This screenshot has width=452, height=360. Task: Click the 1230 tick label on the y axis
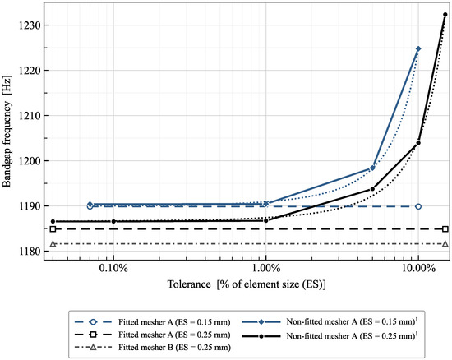(x=29, y=25)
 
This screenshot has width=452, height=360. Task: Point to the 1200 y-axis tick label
(x=29, y=161)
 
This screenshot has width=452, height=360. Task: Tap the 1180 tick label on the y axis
(x=29, y=252)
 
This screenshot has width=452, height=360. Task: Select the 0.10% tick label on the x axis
(x=113, y=268)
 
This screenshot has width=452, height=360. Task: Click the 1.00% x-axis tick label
(x=265, y=268)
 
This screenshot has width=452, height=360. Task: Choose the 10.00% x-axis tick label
(x=418, y=268)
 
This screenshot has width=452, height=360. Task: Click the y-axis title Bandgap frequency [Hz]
(x=7, y=132)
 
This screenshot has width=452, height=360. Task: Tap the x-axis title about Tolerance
(x=247, y=284)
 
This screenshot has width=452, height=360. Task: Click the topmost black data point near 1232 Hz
(x=445, y=15)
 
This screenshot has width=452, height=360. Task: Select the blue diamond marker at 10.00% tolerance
(x=418, y=48)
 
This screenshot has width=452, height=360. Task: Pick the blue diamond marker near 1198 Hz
(x=372, y=168)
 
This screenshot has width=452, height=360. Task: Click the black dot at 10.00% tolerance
(x=418, y=143)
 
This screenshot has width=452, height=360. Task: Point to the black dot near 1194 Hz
(x=372, y=189)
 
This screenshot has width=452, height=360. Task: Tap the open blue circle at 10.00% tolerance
(x=418, y=206)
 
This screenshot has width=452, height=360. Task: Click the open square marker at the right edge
(x=445, y=229)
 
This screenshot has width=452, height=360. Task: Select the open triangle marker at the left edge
(x=53, y=244)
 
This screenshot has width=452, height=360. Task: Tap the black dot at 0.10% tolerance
(x=113, y=221)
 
